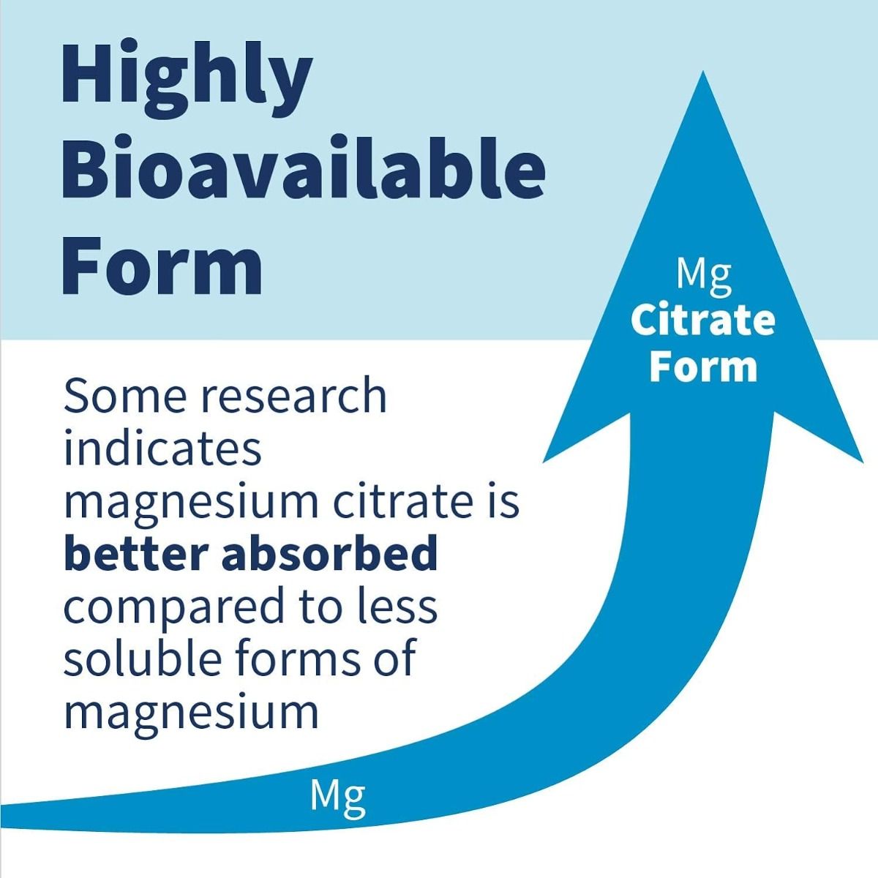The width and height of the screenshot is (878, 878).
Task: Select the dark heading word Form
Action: pos(162,266)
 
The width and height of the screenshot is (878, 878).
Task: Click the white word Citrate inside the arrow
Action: pos(703,320)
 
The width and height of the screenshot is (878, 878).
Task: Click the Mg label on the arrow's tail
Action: pos(337,795)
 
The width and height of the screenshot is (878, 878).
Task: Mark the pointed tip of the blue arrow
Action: pos(703,72)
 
